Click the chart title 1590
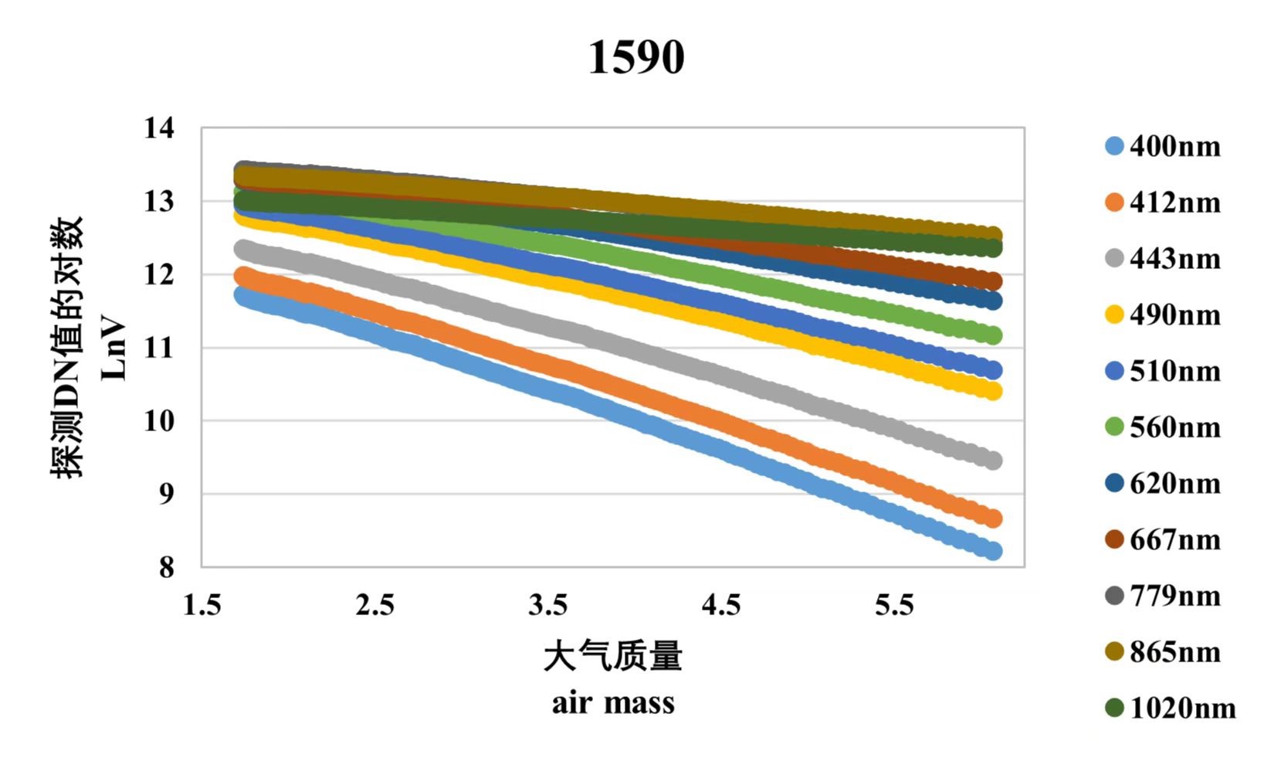636,58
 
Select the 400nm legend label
1174,146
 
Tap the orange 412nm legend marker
1113,202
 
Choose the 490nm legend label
1174,315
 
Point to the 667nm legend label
1174,539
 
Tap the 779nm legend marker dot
1113,596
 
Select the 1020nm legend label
1182,708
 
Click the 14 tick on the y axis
159,127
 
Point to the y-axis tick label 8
167,567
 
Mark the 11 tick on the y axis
159,348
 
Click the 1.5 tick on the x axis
202,605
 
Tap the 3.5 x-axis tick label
548,605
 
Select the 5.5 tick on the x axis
894,605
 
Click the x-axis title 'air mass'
613,703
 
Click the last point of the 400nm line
993,551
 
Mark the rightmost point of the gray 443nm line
993,461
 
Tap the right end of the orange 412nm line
993,518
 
